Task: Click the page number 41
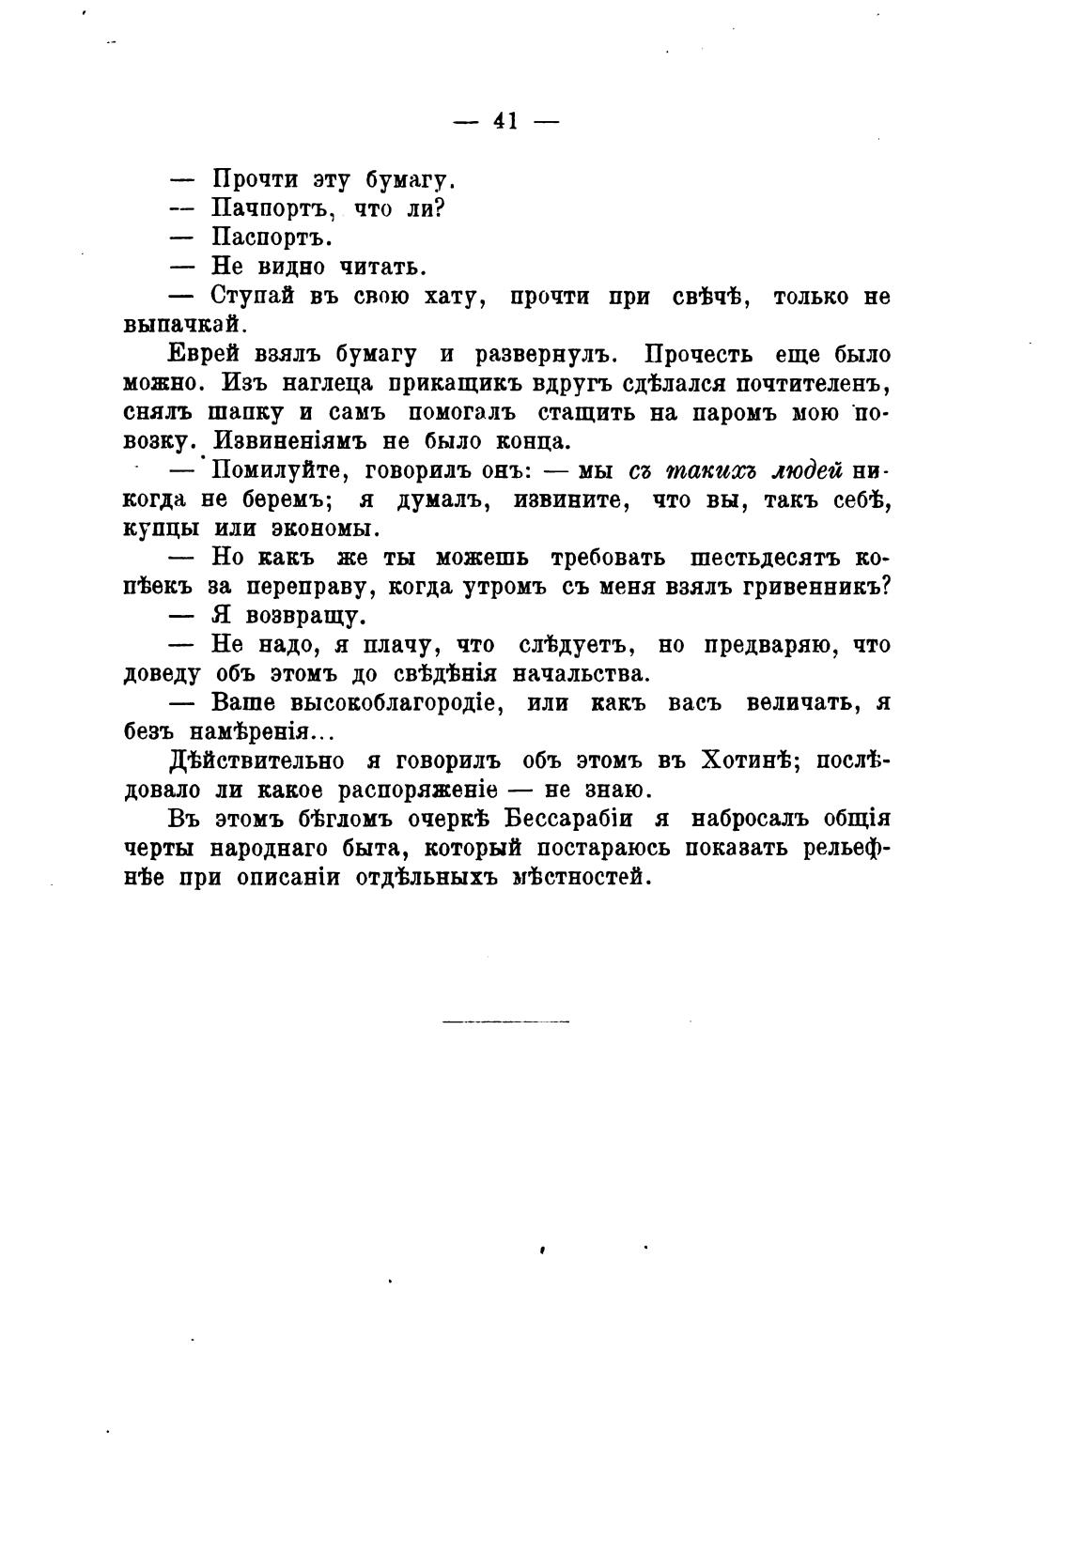point(505,121)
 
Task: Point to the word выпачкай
point(185,325)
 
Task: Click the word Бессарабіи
point(568,819)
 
